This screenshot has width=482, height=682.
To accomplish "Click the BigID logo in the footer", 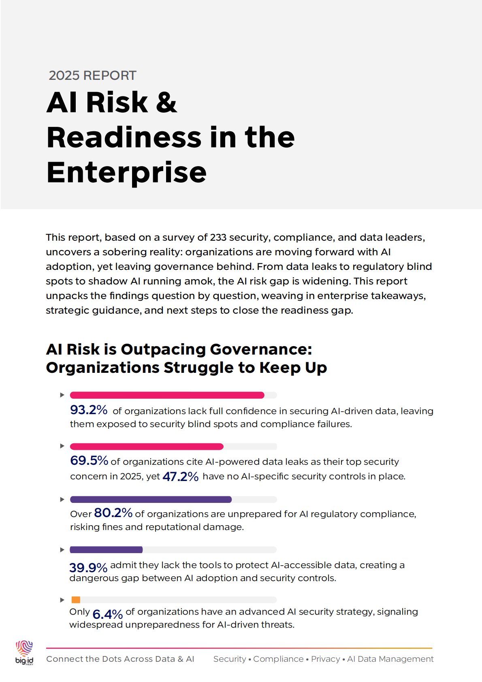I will coord(24,652).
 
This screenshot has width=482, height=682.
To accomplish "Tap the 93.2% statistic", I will coord(89,410).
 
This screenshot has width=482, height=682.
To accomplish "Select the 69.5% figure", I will coord(89,460).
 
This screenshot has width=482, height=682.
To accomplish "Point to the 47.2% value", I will coord(180,476).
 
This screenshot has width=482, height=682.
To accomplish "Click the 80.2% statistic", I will coord(113,513).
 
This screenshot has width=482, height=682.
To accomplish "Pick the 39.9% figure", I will coord(88,567).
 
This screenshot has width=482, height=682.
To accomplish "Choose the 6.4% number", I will coord(107,614).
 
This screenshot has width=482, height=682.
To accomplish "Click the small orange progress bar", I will coord(76,600).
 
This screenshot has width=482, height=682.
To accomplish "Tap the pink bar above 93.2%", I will coord(167,395).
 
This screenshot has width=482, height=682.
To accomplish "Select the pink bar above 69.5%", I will coord(147,447).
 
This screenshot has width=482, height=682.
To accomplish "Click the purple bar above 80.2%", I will coord(151,499).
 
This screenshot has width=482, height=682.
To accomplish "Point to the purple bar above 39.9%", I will coord(106,549).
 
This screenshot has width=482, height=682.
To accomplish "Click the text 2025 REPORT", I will coord(92,75).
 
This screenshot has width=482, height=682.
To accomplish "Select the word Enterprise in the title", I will coord(126,173).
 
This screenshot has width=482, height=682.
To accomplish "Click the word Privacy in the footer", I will coord(325,659).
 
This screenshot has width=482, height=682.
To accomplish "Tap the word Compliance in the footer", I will coord(278,659).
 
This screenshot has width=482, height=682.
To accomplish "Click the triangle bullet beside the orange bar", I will coord(62,600).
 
